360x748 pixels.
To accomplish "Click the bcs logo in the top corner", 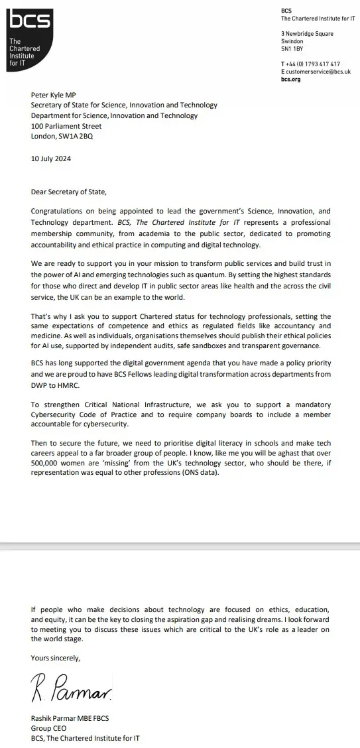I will point(30,21).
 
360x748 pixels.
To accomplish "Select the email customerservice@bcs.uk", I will point(318,72).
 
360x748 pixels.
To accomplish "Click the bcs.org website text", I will point(290,79).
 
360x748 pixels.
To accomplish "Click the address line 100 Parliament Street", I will point(66,126).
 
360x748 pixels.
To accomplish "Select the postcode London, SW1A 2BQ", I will point(62,137).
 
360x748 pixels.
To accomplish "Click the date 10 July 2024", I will point(51,159).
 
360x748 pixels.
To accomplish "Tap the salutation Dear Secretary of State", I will point(68,192).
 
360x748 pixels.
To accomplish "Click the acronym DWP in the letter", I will point(39,385).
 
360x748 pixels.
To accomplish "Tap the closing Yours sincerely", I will point(56,658).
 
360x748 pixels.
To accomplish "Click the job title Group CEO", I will point(48,727).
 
